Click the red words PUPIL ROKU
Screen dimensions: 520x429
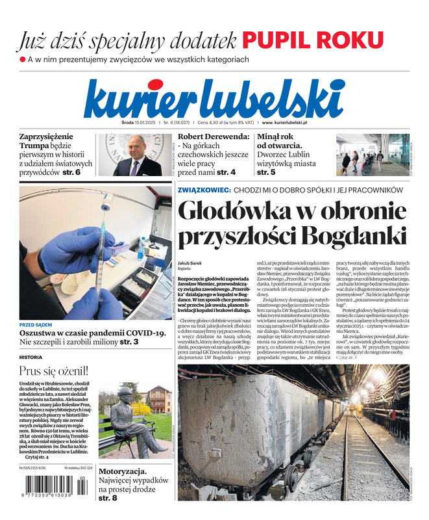[313, 40]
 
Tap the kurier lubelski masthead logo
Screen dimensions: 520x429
[214, 99]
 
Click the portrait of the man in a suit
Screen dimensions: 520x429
[134, 155]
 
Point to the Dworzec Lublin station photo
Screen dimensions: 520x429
[373, 155]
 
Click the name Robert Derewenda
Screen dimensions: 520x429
[213, 137]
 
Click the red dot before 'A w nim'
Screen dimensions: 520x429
[22, 60]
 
